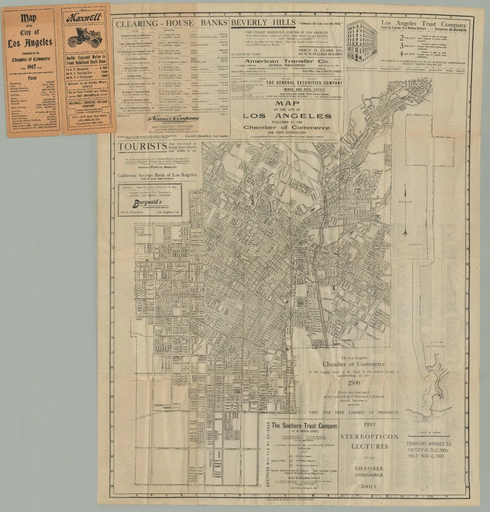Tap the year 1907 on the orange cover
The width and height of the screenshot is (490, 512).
[29, 68]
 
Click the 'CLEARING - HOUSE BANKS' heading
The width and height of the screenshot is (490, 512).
[171, 23]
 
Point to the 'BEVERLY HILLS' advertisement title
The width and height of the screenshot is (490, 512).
[263, 23]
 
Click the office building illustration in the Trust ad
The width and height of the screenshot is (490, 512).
[362, 41]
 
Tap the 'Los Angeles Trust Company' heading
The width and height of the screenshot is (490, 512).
[424, 24]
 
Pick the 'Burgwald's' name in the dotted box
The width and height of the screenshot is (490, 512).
[148, 203]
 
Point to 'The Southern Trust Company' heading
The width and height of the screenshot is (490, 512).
[303, 425]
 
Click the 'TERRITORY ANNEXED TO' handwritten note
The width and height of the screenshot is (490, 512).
[429, 444]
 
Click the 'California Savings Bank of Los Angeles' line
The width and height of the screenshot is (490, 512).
[157, 174]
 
